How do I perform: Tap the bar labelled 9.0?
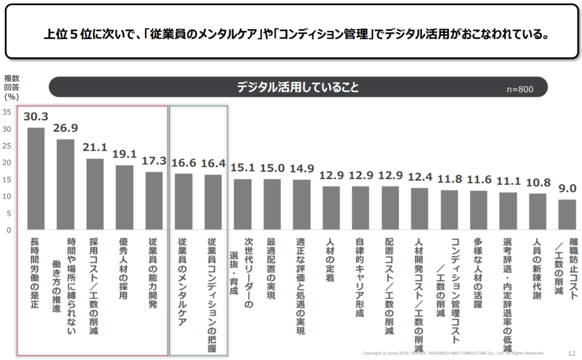[x=567, y=214]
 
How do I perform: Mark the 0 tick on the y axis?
[x=7, y=230]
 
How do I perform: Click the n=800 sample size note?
[x=520, y=89]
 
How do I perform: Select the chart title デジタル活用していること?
[x=298, y=87]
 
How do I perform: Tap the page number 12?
[x=572, y=353]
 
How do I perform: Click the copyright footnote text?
[x=453, y=353]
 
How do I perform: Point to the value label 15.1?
[x=243, y=168]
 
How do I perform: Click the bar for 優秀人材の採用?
[x=124, y=197]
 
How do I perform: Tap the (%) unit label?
[x=11, y=96]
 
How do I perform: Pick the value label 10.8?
[x=537, y=183]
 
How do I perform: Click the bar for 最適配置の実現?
[x=272, y=204]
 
